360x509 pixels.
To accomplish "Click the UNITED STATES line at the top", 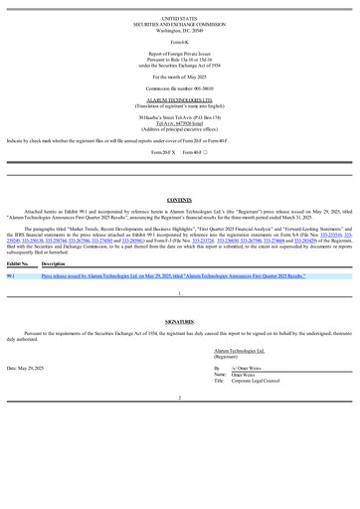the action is [180, 19].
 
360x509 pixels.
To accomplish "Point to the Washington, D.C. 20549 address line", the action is [180, 31].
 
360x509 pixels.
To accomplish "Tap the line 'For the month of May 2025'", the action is [180, 76].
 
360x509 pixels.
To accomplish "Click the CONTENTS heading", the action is [180, 200].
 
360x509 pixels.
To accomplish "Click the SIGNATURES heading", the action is [180, 349].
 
